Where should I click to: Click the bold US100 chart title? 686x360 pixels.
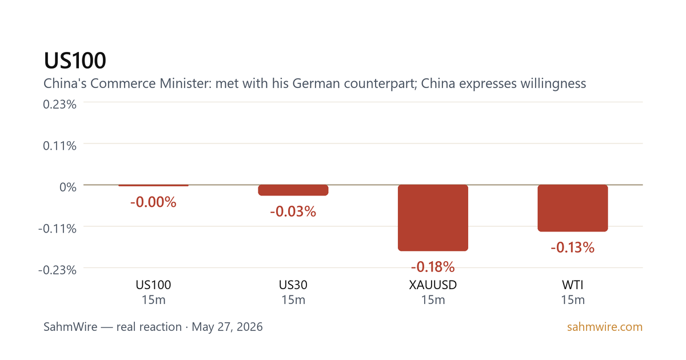coord(75,61)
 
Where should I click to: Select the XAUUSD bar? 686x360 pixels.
coord(433,218)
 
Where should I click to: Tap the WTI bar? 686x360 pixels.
coord(573,208)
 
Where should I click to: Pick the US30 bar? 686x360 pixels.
coord(293,190)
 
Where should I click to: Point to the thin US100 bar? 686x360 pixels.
coord(153,185)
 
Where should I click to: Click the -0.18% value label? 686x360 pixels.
coord(433,267)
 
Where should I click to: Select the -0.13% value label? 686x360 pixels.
coord(573,247)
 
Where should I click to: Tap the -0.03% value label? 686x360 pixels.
coord(293,211)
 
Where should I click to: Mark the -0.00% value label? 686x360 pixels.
coord(153,202)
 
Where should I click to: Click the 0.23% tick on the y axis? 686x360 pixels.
coord(59,105)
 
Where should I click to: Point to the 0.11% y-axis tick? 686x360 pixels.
coord(59,146)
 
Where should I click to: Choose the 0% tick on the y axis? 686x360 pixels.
coord(68,187)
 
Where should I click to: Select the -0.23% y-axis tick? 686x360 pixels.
coord(57,270)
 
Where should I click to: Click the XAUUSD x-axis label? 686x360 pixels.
coord(433,285)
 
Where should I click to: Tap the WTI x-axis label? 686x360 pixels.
coord(573,285)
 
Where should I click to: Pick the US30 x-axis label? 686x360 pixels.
coord(293,285)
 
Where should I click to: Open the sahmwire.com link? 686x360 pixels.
coord(605,327)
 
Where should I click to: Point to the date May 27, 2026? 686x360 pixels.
coord(228,327)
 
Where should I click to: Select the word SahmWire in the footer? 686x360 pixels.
coord(70,327)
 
